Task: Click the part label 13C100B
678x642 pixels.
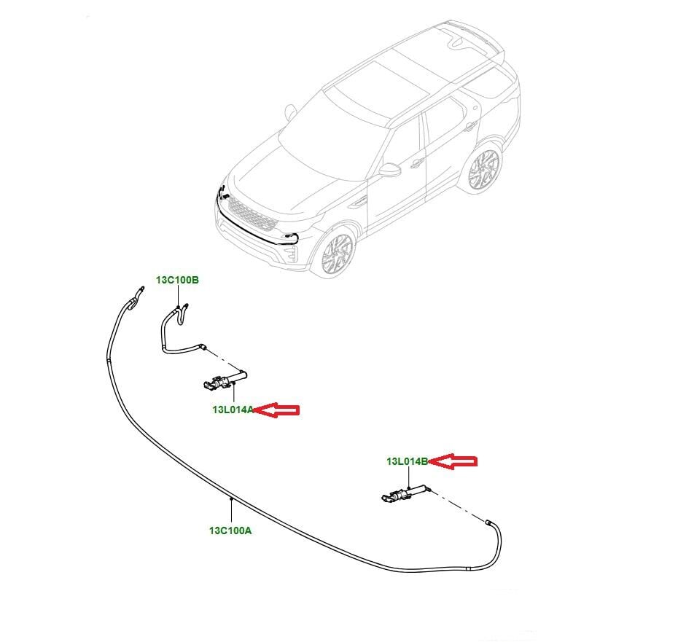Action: click(177, 280)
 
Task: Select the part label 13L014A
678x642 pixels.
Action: click(233, 410)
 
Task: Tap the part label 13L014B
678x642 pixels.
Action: click(408, 461)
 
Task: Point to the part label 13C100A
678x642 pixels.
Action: click(230, 531)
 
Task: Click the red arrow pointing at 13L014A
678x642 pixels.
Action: click(276, 410)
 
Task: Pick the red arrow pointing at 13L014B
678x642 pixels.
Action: click(453, 462)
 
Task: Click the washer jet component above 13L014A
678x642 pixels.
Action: click(225, 380)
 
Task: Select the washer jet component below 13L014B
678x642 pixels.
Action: click(405, 494)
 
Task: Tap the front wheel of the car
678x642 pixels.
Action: click(338, 253)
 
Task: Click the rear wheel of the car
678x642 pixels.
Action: click(483, 168)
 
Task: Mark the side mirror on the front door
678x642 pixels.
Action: click(389, 170)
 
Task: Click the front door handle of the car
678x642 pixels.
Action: click(417, 163)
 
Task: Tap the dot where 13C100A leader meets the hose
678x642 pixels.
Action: click(231, 499)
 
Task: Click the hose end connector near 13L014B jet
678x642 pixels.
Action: click(488, 522)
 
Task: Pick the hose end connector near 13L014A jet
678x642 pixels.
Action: click(204, 346)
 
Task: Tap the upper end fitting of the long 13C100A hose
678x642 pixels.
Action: click(140, 289)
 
